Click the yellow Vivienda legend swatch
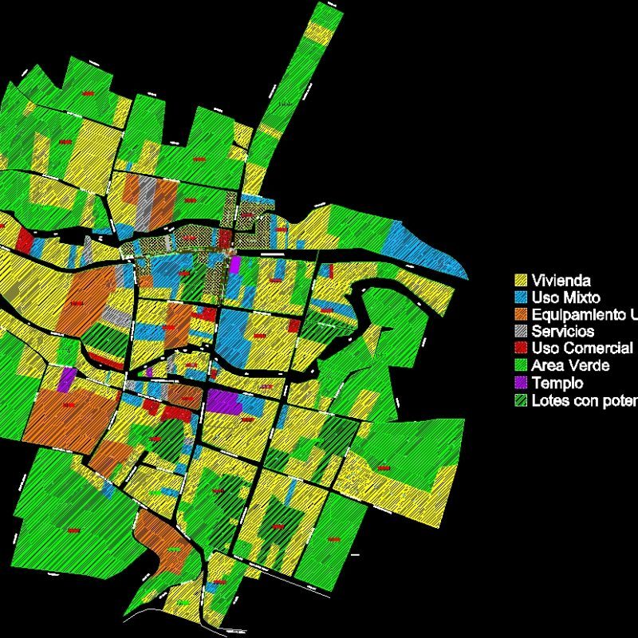(x=521, y=281)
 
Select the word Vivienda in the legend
(x=561, y=281)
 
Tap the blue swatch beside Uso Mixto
(x=521, y=297)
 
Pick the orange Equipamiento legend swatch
(x=521, y=314)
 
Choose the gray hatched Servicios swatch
(x=521, y=331)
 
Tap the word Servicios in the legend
(x=563, y=331)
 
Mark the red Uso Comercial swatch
(x=521, y=349)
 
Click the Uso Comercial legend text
(x=582, y=349)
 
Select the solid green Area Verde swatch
(x=521, y=365)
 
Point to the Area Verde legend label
(x=571, y=365)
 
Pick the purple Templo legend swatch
(x=521, y=383)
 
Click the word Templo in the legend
(x=557, y=383)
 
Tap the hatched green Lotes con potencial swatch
(x=521, y=400)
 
